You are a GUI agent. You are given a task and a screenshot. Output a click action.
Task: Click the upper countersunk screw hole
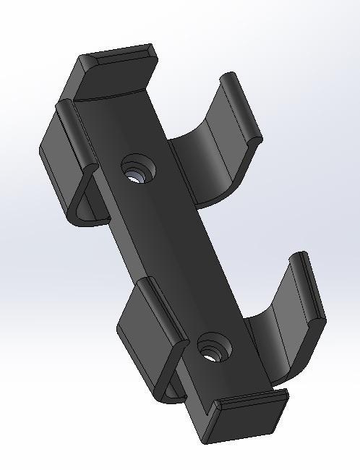tap(138, 169)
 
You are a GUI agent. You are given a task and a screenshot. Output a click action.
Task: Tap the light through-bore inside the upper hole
tap(135, 174)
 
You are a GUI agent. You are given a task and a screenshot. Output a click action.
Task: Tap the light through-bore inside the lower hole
tap(210, 354)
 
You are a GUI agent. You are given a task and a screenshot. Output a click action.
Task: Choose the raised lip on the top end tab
tap(119, 54)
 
